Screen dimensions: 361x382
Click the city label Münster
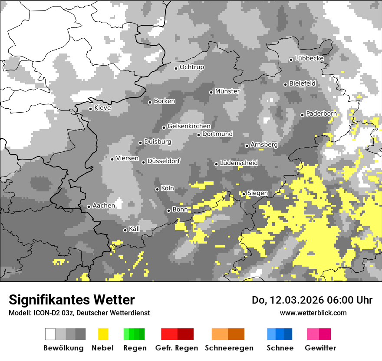pyautogui.click(x=227, y=91)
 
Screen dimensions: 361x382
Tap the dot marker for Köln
pyautogui.click(x=158, y=189)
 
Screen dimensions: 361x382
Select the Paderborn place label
pyautogui.click(x=321, y=114)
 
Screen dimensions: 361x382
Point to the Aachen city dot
pyautogui.click(x=89, y=207)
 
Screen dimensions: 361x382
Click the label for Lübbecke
pyautogui.click(x=309, y=58)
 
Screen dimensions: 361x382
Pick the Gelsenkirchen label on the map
pyautogui.click(x=189, y=126)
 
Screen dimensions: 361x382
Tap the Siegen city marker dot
pyautogui.click(x=244, y=194)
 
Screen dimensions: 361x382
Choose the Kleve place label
pyautogui.click(x=102, y=108)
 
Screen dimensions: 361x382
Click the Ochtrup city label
pyautogui.click(x=191, y=67)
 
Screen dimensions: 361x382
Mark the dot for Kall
pyautogui.click(x=125, y=230)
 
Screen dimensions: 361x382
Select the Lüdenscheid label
pyautogui.click(x=239, y=163)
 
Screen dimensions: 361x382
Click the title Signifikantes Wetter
pyautogui.click(x=72, y=300)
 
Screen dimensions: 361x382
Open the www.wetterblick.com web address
pyautogui.click(x=313, y=313)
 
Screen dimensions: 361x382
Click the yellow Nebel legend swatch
pyautogui.click(x=103, y=334)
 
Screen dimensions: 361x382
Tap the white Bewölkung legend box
pyautogui.click(x=50, y=334)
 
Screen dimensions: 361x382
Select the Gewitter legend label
pyautogui.click(x=320, y=348)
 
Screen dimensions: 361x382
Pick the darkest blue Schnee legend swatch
pyautogui.click(x=288, y=334)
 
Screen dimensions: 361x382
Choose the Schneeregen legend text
pyautogui.click(x=229, y=348)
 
